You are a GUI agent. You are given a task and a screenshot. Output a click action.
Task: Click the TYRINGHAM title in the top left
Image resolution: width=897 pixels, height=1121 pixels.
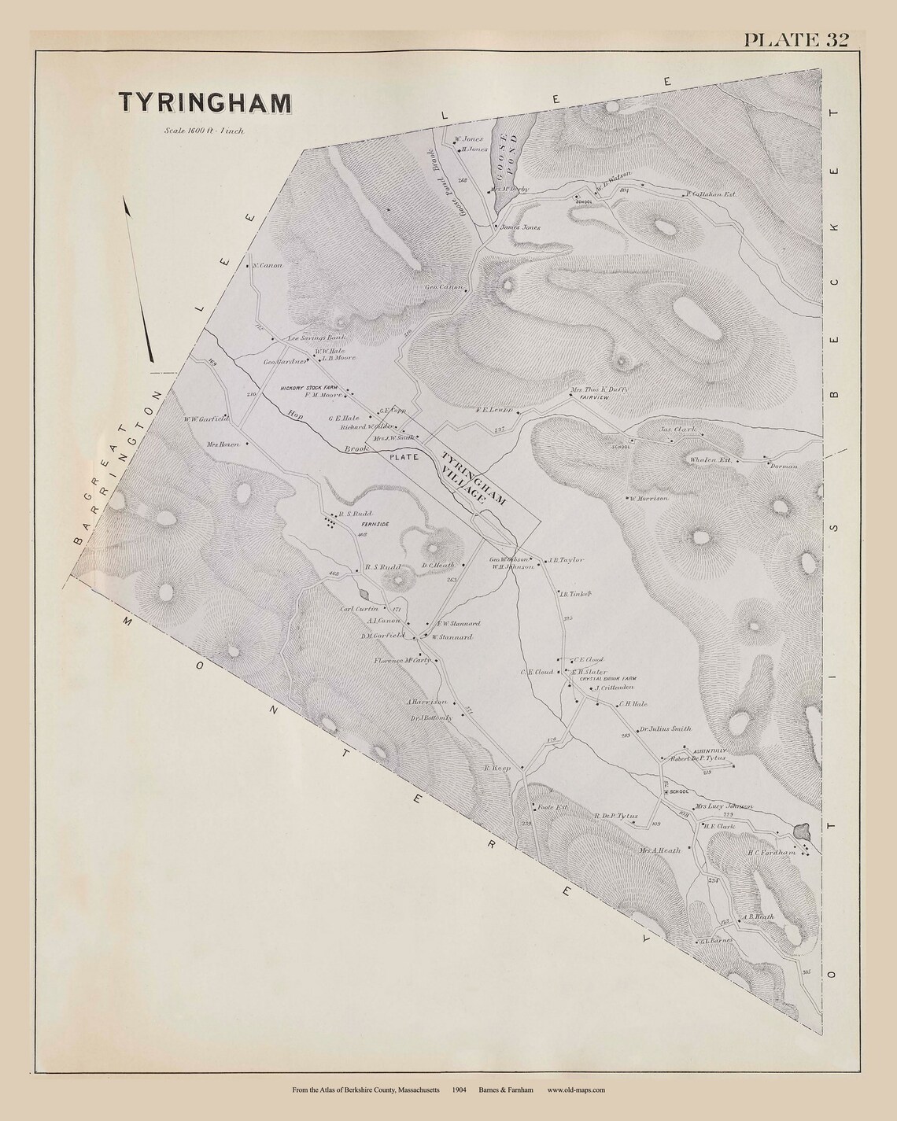point(204,103)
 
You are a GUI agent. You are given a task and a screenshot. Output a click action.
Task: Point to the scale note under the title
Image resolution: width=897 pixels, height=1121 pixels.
point(205,131)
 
